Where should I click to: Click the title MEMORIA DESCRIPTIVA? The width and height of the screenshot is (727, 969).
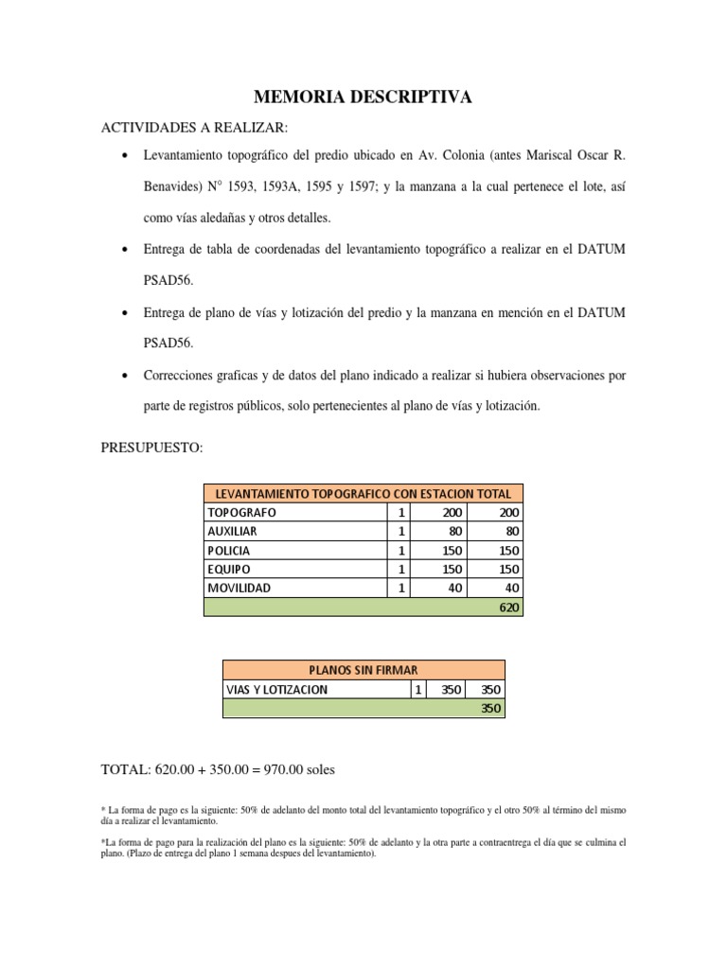[363, 97]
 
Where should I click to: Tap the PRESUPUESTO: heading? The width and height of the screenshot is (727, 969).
[151, 448]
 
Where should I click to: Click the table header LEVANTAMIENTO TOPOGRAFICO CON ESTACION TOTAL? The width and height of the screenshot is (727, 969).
[363, 493]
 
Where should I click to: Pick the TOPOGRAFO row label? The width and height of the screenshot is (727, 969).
[242, 512]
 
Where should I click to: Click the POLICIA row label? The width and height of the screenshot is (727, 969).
[230, 550]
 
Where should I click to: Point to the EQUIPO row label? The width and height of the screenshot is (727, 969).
[229, 569]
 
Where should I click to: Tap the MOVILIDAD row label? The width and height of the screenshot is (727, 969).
[239, 588]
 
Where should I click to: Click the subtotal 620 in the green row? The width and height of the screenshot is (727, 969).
[509, 607]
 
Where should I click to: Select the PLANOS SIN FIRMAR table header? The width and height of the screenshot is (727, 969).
[363, 670]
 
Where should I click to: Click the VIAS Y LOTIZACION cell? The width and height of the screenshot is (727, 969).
[276, 690]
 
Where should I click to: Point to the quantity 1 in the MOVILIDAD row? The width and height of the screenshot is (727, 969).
[400, 588]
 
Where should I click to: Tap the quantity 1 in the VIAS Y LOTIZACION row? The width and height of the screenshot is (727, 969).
[419, 690]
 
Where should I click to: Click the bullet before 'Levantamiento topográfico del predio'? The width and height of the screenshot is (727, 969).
[125, 153]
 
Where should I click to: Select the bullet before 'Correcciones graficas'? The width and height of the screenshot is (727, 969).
[125, 376]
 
